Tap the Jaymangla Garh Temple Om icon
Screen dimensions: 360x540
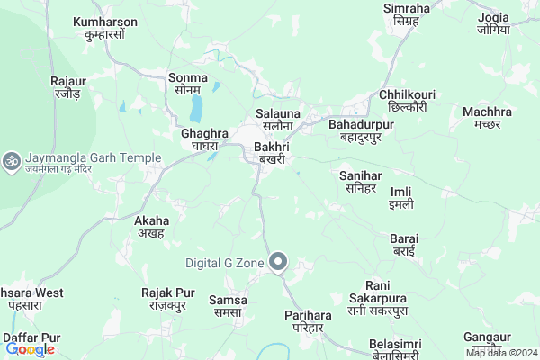pyautogui.click(x=13, y=160)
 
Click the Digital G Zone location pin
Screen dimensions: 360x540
pyautogui.click(x=278, y=263)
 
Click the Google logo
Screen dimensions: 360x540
pyautogui.click(x=30, y=349)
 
